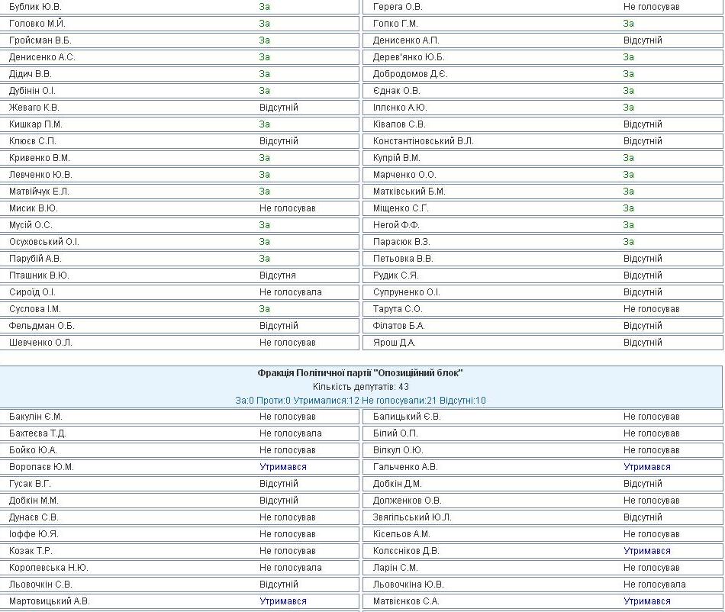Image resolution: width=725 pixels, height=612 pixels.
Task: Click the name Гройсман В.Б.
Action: point(40,40)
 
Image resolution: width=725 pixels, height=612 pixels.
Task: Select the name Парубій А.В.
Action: point(35,259)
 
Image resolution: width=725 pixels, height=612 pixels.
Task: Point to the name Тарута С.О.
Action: point(398,309)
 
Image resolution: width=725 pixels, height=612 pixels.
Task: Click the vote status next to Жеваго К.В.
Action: point(279,108)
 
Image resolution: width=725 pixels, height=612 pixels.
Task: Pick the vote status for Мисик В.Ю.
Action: point(287,208)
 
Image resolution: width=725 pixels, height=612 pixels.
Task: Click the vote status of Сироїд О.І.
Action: point(290,292)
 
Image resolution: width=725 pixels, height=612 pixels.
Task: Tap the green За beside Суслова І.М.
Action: point(264,309)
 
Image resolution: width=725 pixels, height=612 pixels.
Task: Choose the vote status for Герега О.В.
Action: point(651,7)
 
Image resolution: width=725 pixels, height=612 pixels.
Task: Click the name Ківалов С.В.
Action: point(399,124)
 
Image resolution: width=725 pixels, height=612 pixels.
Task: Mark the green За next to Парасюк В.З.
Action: point(628,242)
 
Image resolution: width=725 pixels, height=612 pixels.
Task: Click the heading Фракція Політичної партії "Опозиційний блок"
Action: point(360,373)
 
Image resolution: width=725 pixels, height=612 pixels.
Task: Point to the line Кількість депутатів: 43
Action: point(360,387)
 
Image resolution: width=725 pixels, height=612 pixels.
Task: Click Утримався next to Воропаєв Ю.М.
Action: point(283,467)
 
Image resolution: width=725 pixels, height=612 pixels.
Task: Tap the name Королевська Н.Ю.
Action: point(49,568)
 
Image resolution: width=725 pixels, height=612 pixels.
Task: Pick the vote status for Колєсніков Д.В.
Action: point(647,551)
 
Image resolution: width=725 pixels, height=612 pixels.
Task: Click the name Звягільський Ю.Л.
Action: point(412,517)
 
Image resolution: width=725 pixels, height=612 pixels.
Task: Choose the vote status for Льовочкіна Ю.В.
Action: point(654,585)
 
